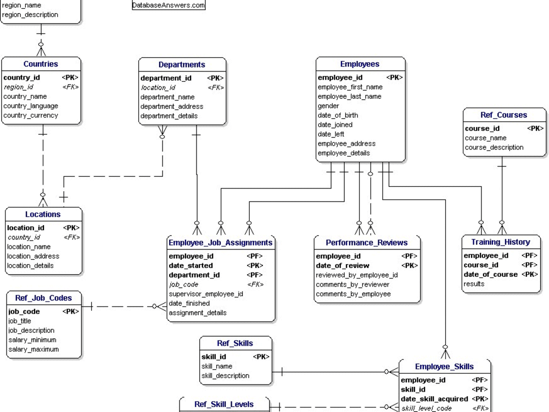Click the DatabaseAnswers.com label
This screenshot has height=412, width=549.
tap(169, 5)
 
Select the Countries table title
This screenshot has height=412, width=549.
tap(41, 64)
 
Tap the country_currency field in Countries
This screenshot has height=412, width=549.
tap(30, 115)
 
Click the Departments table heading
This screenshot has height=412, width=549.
tap(182, 65)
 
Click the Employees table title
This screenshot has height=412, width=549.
tap(360, 64)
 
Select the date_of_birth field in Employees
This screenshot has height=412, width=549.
tap(338, 115)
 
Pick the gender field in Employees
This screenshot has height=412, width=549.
tap(328, 106)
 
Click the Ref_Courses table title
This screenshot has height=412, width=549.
tap(503, 115)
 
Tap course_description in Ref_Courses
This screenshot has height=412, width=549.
tap(494, 147)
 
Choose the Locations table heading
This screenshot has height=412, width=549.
tap(43, 214)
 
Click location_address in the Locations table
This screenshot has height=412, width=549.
tap(33, 256)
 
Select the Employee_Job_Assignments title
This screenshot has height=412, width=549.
tap(220, 243)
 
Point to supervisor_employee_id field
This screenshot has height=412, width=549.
tap(206, 294)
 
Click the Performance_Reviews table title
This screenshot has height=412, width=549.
tap(367, 243)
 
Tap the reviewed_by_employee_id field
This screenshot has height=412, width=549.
tap(357, 275)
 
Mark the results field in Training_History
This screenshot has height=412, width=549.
tap(474, 284)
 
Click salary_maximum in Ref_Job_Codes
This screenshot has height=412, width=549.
tap(33, 349)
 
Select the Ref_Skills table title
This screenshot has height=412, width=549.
tap(235, 343)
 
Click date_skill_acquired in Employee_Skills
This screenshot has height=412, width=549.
tap(434, 399)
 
